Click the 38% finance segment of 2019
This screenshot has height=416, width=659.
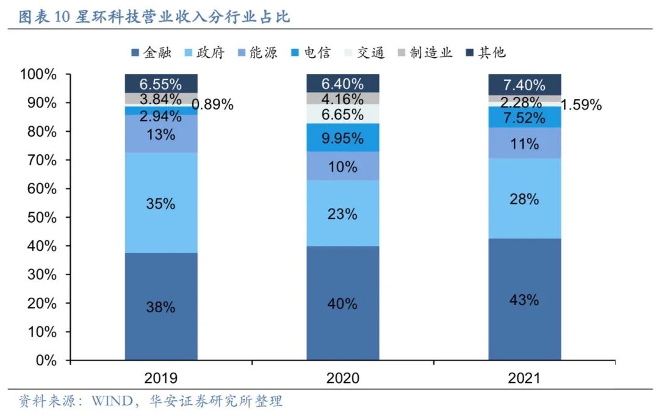click(x=161, y=306)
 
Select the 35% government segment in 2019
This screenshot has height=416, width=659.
click(x=161, y=203)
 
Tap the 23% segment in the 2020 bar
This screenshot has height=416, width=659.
click(x=342, y=213)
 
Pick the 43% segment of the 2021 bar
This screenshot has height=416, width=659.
click(x=524, y=299)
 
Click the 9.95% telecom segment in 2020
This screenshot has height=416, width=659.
click(x=342, y=138)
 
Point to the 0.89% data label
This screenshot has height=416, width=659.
click(x=214, y=104)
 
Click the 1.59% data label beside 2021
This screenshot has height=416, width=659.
click(x=582, y=104)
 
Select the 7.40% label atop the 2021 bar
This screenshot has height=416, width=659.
click(x=524, y=84)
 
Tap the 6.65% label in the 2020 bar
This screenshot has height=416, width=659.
click(x=342, y=114)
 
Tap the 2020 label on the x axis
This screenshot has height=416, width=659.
click(x=342, y=378)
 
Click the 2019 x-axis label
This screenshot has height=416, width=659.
click(x=161, y=378)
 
